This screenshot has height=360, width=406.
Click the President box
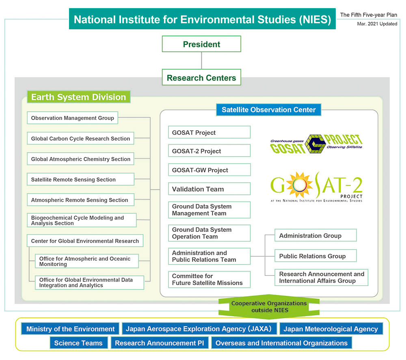coord(201,44)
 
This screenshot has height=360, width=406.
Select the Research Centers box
coord(201,77)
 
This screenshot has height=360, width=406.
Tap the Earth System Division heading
coord(78,97)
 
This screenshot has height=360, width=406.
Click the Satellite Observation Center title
coord(268,110)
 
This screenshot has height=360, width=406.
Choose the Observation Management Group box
coord(73,118)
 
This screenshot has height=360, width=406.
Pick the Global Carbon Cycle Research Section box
coord(80,139)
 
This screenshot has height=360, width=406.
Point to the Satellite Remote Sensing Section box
coord(80,179)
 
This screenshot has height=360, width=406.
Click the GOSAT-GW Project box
coord(209,170)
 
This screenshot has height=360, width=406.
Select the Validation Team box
coord(209,189)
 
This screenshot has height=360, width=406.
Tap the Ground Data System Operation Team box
coord(209,233)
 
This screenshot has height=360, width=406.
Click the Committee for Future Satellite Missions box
coord(209,280)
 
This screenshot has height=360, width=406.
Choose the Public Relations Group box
coord(315,256)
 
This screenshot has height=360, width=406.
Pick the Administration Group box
coord(315,235)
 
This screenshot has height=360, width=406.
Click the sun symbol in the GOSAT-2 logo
coord(299,185)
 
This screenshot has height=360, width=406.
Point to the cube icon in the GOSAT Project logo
coord(315,144)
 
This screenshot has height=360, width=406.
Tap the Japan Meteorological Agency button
coord(330,329)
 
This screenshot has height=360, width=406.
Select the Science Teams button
coord(78,343)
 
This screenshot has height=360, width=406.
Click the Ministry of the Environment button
coord(70,329)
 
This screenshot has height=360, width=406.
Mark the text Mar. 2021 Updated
coord(377,24)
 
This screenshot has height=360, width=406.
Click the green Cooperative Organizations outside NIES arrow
coord(269,307)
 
